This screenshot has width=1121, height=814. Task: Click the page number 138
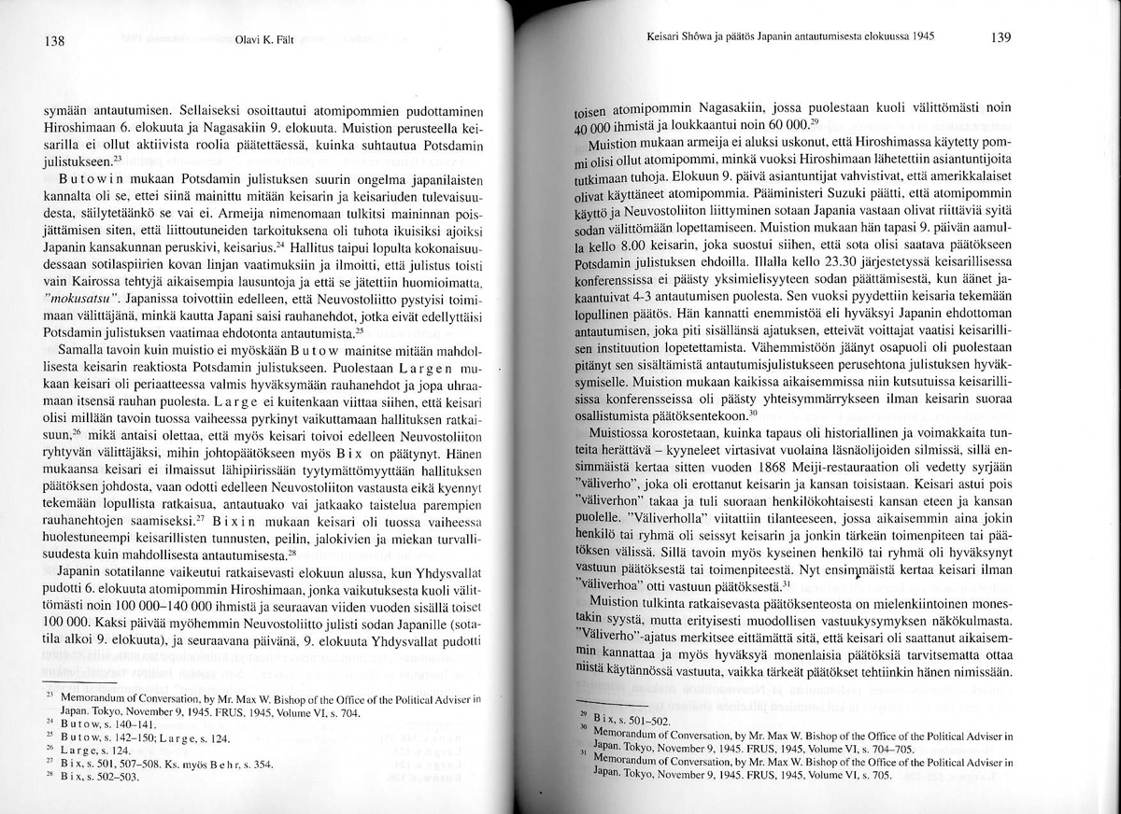tap(53, 40)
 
